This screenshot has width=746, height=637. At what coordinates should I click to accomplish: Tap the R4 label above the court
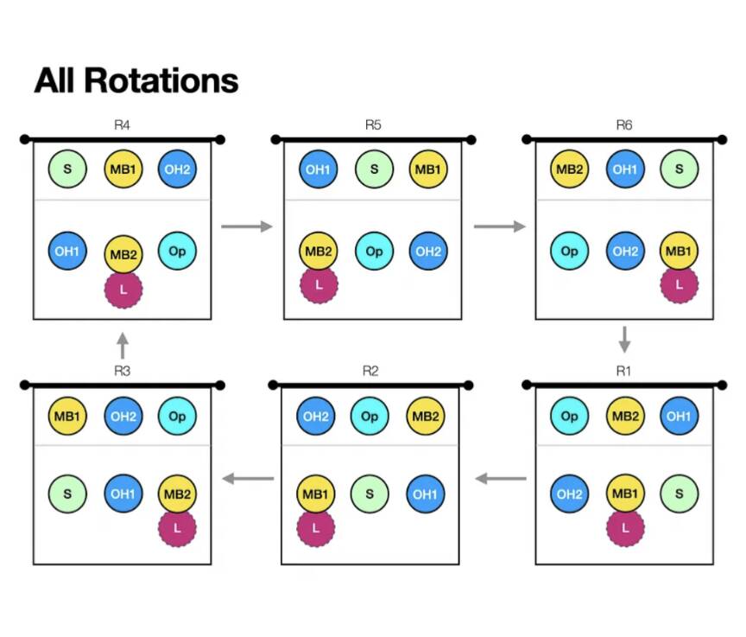(122, 125)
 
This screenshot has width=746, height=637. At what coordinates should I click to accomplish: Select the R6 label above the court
(623, 125)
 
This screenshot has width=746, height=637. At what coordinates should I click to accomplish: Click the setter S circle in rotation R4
(67, 169)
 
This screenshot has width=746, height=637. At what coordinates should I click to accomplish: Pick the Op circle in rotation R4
(177, 252)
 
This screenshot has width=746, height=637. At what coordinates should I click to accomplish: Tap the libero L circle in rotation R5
(319, 285)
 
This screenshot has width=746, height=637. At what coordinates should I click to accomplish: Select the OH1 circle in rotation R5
(319, 169)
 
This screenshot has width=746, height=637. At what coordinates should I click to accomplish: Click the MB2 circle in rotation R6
(570, 169)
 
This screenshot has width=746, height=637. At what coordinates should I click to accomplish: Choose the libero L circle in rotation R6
(679, 284)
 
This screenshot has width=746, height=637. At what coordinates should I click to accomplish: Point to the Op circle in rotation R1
(570, 416)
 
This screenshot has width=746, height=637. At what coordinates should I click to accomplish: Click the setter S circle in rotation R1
(679, 494)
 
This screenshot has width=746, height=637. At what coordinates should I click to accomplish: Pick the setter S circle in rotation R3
(67, 495)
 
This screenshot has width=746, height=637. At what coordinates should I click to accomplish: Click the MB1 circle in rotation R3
(67, 416)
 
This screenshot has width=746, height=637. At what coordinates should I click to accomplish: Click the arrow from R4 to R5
(247, 226)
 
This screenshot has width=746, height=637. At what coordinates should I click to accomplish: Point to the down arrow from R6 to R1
(623, 339)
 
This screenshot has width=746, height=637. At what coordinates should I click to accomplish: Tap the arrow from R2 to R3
(248, 477)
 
